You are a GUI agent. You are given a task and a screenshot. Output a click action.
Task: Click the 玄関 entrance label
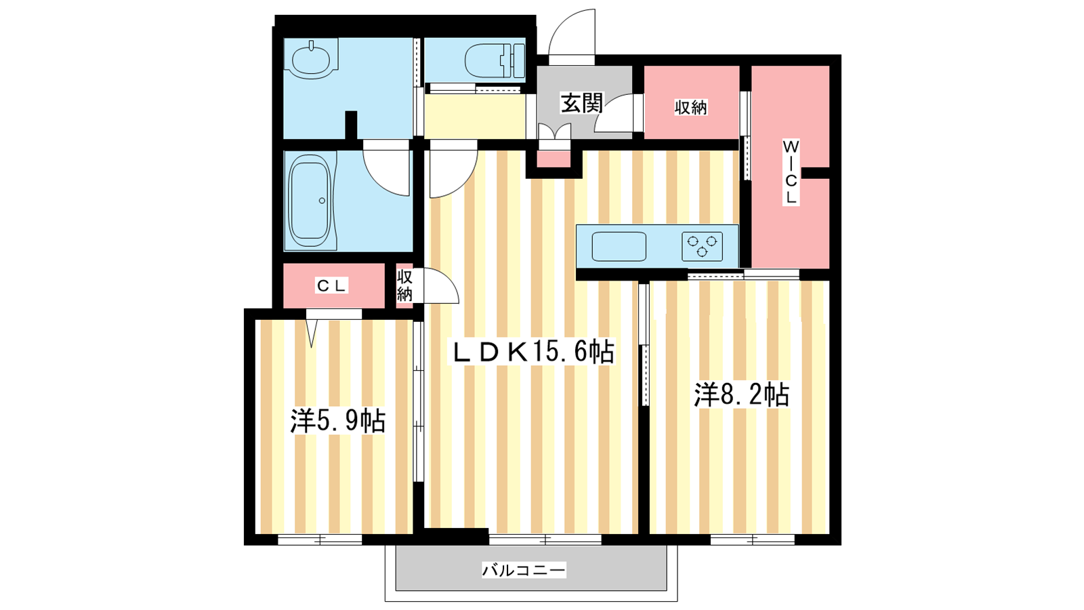[582, 102]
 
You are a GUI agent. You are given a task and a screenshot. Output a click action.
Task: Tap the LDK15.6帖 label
[534, 352]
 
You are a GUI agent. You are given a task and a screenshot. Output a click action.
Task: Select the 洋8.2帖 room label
[742, 395]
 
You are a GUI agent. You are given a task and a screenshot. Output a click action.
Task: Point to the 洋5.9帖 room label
[338, 421]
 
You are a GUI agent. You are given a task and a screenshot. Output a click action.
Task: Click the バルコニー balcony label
[524, 570]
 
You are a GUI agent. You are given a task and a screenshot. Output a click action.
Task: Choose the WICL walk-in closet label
[791, 172]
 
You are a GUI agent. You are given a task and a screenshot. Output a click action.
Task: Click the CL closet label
[331, 286]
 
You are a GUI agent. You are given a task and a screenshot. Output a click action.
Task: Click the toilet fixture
[495, 60]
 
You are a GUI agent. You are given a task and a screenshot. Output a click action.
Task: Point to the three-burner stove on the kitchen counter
[702, 247]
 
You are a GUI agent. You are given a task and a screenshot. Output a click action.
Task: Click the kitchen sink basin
[619, 247]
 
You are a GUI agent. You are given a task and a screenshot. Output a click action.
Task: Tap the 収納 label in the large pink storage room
[691, 108]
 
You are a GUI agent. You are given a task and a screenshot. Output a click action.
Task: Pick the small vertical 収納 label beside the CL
[404, 285]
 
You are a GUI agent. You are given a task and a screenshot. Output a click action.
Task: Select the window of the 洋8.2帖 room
[753, 540]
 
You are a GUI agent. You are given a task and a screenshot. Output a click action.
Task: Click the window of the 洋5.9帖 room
[320, 540]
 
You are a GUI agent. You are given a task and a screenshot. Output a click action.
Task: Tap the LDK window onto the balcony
[545, 540]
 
